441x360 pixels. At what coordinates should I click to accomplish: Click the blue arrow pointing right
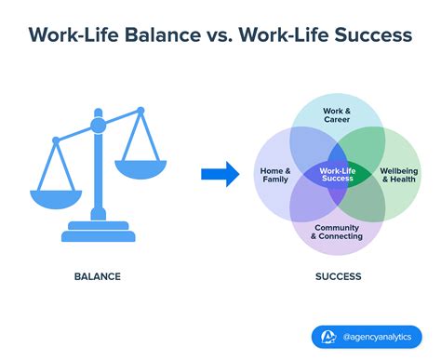tap(219, 173)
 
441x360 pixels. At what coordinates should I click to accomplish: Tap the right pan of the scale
tap(139, 167)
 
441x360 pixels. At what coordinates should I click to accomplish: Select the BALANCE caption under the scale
tap(97, 276)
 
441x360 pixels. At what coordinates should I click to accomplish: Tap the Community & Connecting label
tap(337, 233)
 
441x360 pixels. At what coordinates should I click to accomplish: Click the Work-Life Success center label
tap(337, 172)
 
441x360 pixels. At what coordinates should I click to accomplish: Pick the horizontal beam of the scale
tap(97, 130)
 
